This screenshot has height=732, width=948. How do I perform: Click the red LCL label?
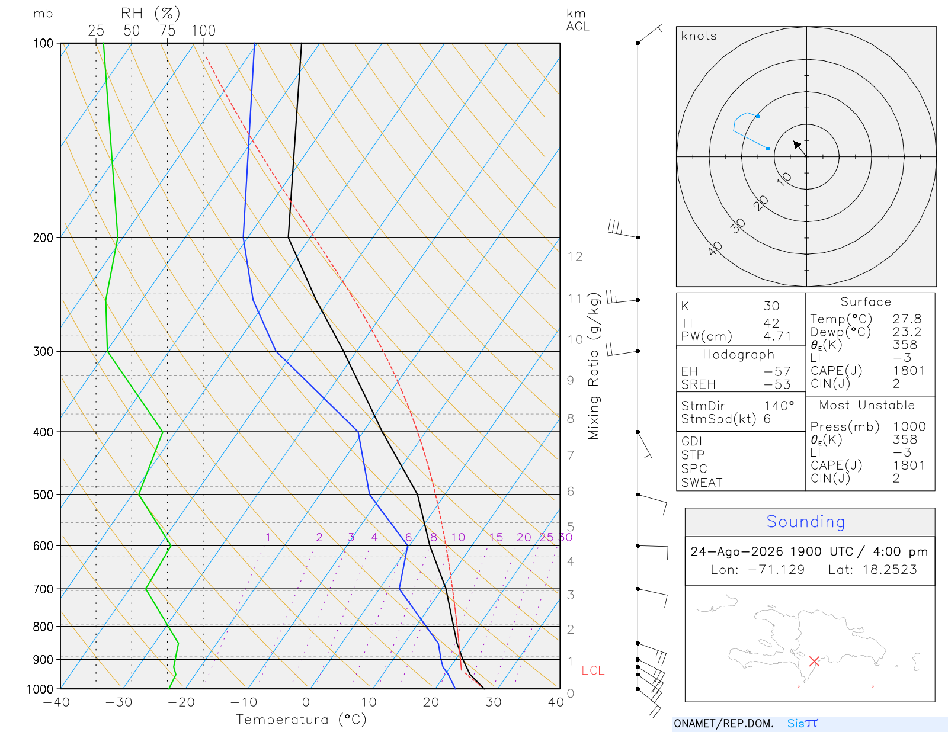tap(592, 670)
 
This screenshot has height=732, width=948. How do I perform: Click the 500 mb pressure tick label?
tap(43, 495)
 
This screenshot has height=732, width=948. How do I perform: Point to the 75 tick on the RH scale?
tap(167, 31)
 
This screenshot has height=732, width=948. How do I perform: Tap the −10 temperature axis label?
tap(244, 702)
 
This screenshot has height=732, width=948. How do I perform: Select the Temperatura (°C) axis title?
tap(301, 720)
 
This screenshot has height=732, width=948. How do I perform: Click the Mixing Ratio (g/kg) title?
tap(594, 366)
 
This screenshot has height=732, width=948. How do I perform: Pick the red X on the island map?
tap(814, 661)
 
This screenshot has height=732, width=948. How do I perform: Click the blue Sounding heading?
tap(805, 521)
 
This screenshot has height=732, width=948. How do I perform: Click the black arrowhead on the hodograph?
tap(797, 145)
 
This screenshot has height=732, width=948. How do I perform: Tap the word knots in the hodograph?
tap(699, 36)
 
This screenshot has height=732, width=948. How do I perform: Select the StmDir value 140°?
tap(779, 406)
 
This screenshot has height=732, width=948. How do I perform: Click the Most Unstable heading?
tap(867, 405)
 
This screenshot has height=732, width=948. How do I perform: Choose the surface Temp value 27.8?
tap(907, 319)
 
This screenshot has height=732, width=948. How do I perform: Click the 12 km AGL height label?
tap(575, 256)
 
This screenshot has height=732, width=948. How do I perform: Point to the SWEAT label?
tap(702, 483)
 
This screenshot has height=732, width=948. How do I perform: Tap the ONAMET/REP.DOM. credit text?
tap(724, 723)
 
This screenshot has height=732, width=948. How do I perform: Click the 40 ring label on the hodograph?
tap(715, 249)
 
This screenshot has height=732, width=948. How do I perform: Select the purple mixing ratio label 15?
tap(496, 537)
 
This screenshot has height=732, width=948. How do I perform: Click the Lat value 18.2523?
tap(889, 569)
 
